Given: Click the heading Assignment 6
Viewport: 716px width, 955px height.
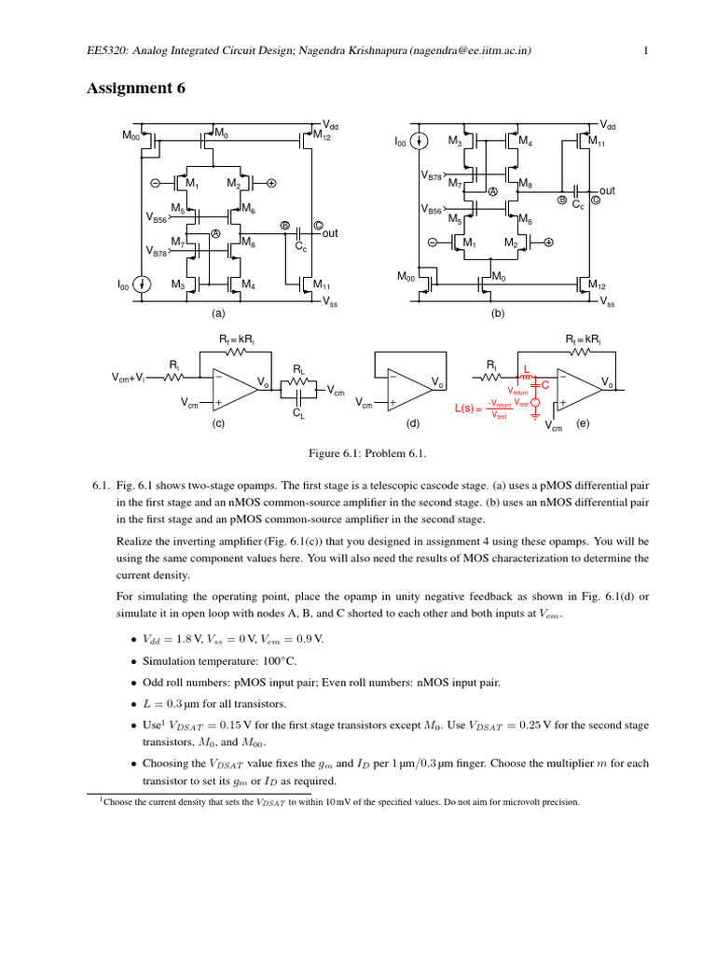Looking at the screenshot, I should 136,89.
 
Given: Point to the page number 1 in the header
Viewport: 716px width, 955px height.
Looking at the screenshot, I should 646,52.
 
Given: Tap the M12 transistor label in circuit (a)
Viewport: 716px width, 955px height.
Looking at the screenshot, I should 322,136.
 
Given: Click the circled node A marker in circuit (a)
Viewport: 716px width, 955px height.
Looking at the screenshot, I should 214,234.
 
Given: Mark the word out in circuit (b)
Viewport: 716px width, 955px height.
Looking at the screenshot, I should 608,190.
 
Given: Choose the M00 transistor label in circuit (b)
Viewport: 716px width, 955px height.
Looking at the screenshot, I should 407,277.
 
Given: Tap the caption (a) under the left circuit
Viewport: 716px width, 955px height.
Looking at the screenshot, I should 218,315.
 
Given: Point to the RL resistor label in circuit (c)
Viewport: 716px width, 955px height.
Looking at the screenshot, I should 298,369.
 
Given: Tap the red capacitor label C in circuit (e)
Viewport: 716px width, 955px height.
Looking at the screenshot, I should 545,384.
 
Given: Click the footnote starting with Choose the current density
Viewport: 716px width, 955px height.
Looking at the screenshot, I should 340,802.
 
